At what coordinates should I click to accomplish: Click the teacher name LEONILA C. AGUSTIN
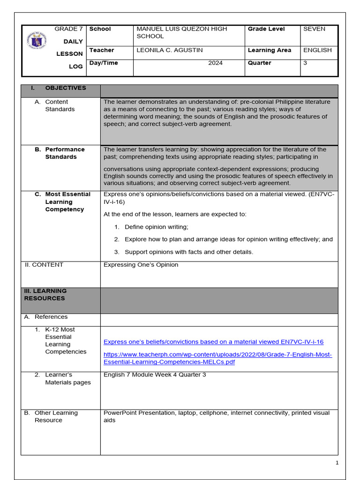163,50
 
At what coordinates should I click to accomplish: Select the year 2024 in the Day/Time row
216,63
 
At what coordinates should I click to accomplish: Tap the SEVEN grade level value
314,29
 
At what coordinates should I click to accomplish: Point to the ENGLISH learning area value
317,50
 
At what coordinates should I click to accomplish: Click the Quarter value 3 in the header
305,63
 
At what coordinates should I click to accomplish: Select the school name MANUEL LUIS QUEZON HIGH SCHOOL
175,32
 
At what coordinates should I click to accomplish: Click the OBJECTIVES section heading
65,88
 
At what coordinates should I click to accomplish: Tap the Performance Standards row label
64,153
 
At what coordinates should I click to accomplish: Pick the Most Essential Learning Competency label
67,202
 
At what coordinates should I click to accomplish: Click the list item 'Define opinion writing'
157,227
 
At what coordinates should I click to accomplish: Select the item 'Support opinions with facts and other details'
188,252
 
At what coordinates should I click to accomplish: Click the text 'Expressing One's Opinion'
141,265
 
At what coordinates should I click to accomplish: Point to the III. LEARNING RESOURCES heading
45,294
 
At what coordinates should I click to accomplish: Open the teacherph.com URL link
217,359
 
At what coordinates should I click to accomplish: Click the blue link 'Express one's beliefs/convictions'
213,342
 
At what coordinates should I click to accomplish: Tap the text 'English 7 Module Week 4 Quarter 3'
154,375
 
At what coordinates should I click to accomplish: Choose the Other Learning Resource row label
56,417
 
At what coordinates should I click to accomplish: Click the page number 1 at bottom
337,463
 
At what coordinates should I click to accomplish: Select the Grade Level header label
266,29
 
